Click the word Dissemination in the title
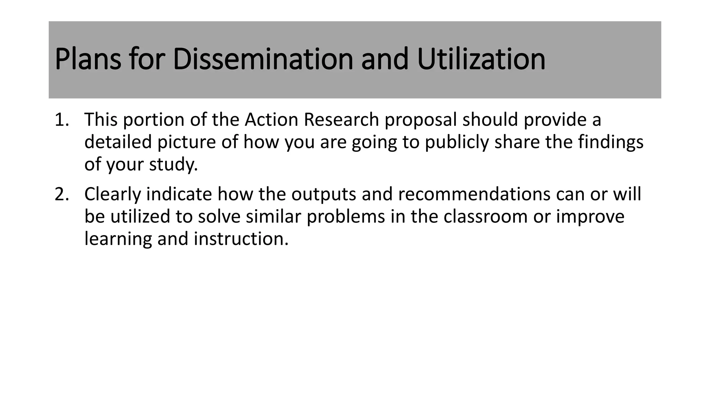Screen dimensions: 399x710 coord(262,59)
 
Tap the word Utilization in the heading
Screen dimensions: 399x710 coord(481,59)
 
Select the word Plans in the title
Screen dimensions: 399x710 coord(88,59)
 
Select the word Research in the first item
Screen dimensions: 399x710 coord(341,120)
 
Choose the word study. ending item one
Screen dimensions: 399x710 coord(173,165)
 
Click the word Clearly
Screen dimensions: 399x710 coord(112,195)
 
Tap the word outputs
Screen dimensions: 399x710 coord(323,195)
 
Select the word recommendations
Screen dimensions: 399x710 coord(474,194)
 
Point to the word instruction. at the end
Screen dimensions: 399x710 coord(241,239)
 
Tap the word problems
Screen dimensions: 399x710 coord(346,217)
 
